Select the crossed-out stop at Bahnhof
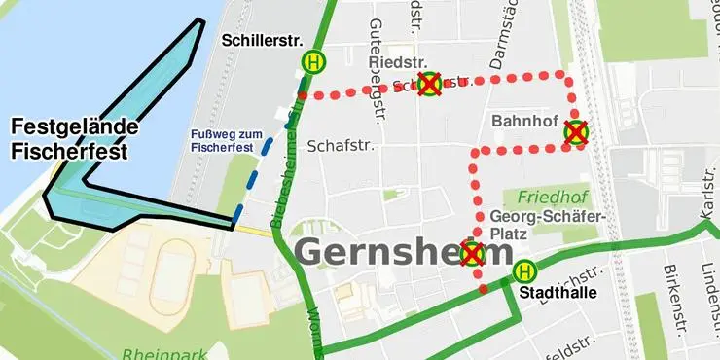576,131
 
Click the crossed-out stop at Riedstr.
428,84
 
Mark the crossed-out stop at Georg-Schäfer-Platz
472,255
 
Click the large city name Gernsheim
404,251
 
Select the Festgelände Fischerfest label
74,139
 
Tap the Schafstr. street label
341,146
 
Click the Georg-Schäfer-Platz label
549,225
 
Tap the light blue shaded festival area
146,97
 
